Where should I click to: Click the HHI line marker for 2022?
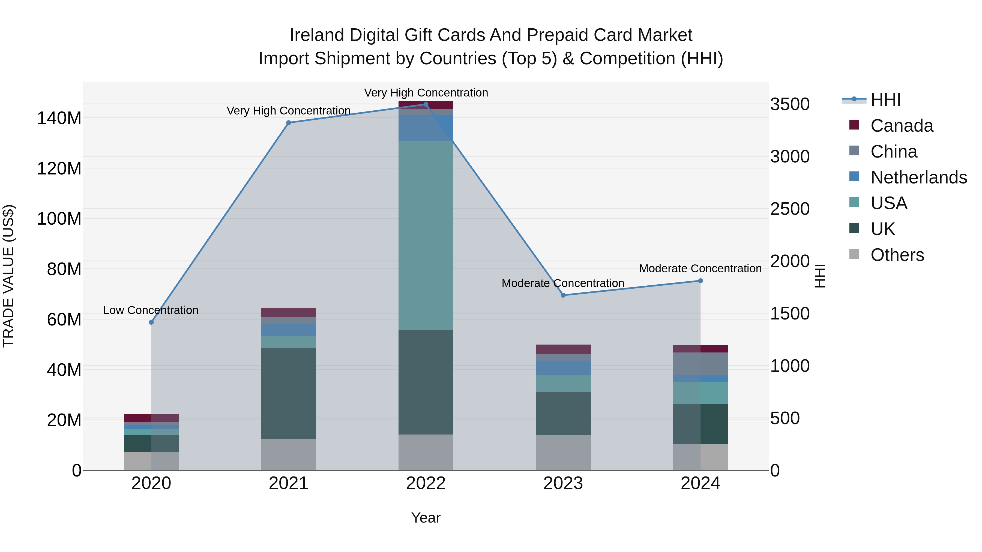point(426,104)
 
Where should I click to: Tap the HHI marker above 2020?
point(151,322)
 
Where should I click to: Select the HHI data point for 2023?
point(563,295)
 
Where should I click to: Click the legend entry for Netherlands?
point(918,177)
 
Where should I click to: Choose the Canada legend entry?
point(901,126)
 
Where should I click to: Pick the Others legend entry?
point(897,255)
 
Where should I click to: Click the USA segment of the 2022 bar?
point(426,235)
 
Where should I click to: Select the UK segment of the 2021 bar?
point(289,394)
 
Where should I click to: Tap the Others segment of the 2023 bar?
point(563,453)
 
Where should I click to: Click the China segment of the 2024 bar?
point(700,364)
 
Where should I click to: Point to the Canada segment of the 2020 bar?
point(151,418)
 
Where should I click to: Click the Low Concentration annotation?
point(151,310)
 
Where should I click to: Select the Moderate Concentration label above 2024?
point(700,269)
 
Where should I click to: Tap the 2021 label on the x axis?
point(289,483)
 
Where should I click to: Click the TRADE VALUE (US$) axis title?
point(8,276)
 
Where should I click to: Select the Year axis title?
point(426,518)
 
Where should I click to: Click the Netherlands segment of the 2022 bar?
point(426,128)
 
